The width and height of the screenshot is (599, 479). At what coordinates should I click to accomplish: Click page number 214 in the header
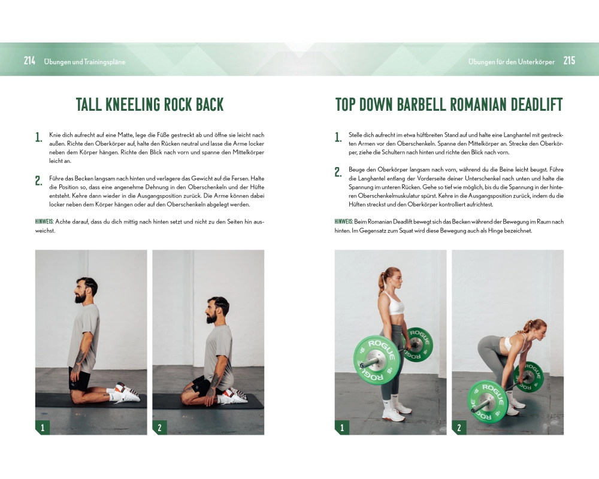click(29, 60)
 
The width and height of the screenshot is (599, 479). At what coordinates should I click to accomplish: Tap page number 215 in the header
click(569, 60)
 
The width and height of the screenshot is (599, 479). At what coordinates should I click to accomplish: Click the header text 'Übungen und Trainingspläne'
click(84, 62)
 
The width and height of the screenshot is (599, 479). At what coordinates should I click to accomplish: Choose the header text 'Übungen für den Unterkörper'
click(512, 62)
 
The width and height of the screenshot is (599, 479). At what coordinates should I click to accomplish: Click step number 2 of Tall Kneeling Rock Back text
click(38, 181)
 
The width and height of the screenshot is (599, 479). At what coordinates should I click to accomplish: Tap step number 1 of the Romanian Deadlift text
click(338, 137)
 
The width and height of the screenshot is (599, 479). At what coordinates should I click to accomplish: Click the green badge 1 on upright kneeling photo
click(43, 428)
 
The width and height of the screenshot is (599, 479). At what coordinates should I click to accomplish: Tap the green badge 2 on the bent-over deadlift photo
click(459, 428)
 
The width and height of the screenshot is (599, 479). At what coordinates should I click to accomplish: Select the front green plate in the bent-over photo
click(488, 401)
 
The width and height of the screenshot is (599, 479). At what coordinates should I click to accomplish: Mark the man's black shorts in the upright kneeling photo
click(80, 378)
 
